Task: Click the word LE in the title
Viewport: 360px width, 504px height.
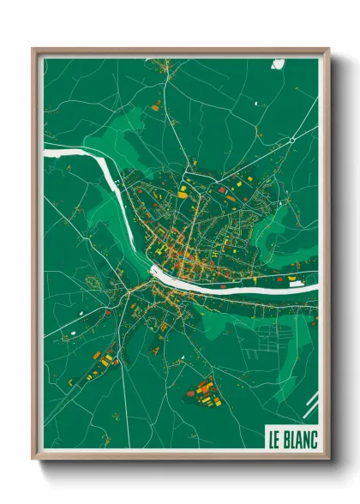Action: [274, 436]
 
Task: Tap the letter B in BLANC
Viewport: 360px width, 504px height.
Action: [287, 436]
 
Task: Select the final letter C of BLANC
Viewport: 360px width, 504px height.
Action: [313, 436]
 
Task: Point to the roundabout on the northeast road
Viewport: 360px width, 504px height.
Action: [292, 138]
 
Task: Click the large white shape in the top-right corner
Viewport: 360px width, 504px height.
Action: [279, 63]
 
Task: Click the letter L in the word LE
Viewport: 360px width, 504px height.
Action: [271, 436]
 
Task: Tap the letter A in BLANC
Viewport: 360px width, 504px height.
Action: [299, 436]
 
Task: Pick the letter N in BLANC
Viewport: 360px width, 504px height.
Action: [306, 436]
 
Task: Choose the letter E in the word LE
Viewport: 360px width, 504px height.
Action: [278, 436]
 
